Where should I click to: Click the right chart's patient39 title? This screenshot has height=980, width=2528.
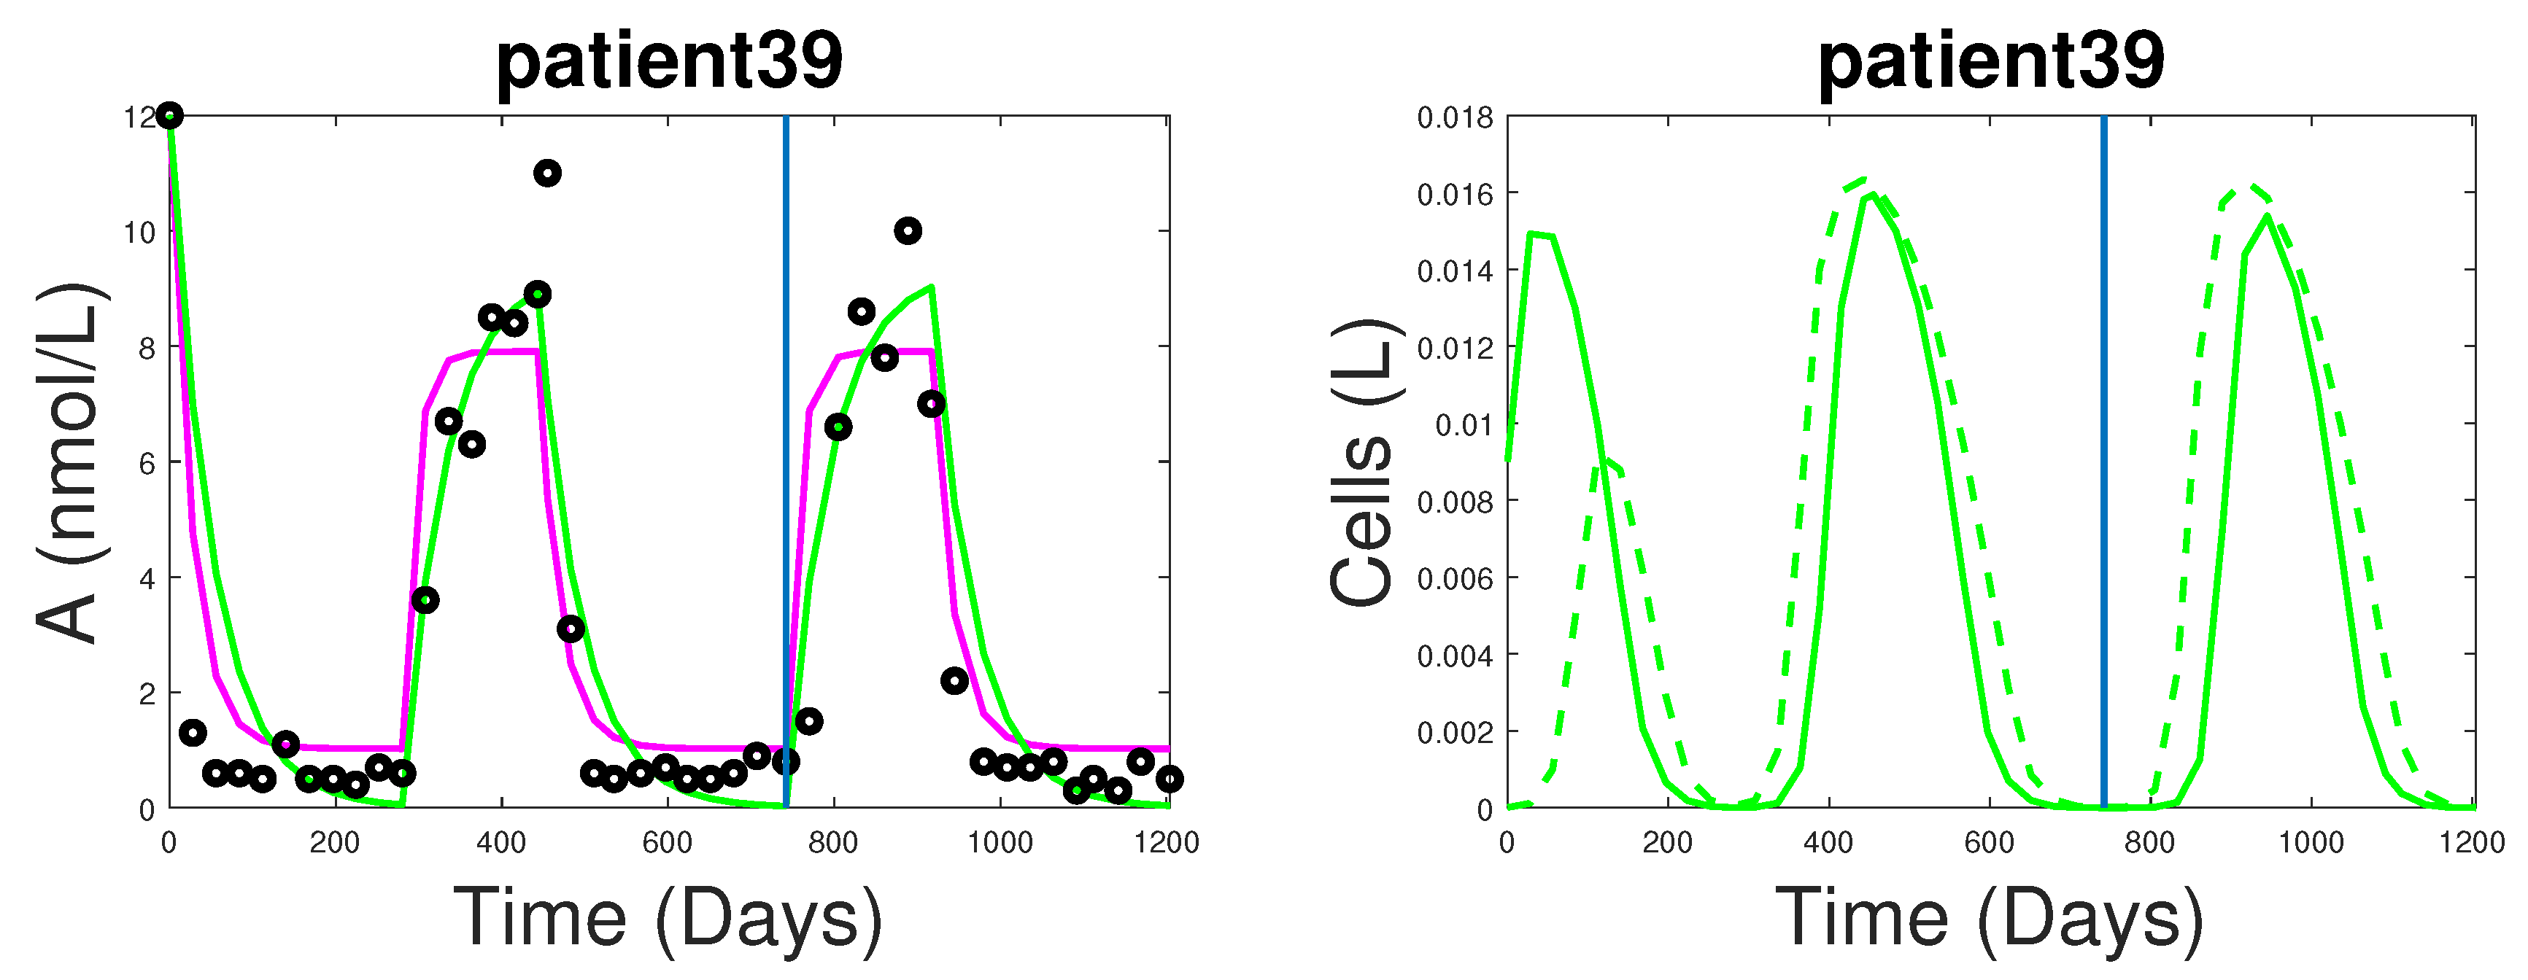(1990, 61)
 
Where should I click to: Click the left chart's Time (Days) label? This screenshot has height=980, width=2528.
(668, 917)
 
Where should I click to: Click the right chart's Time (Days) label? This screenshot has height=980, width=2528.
(1990, 917)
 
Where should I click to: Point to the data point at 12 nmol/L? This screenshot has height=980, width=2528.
(170, 116)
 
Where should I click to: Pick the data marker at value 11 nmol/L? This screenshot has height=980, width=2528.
(546, 174)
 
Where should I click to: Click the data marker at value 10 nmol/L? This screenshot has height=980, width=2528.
(908, 232)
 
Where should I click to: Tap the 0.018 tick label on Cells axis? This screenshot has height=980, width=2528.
(1454, 117)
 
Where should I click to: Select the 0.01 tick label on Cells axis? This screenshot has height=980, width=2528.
(1464, 425)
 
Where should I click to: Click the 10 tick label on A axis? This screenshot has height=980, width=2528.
(139, 233)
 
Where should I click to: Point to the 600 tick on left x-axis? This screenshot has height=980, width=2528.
(668, 843)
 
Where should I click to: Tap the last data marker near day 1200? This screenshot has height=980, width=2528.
(1169, 779)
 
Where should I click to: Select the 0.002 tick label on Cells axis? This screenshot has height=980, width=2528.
(1454, 733)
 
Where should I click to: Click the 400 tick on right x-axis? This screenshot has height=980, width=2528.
(1828, 843)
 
